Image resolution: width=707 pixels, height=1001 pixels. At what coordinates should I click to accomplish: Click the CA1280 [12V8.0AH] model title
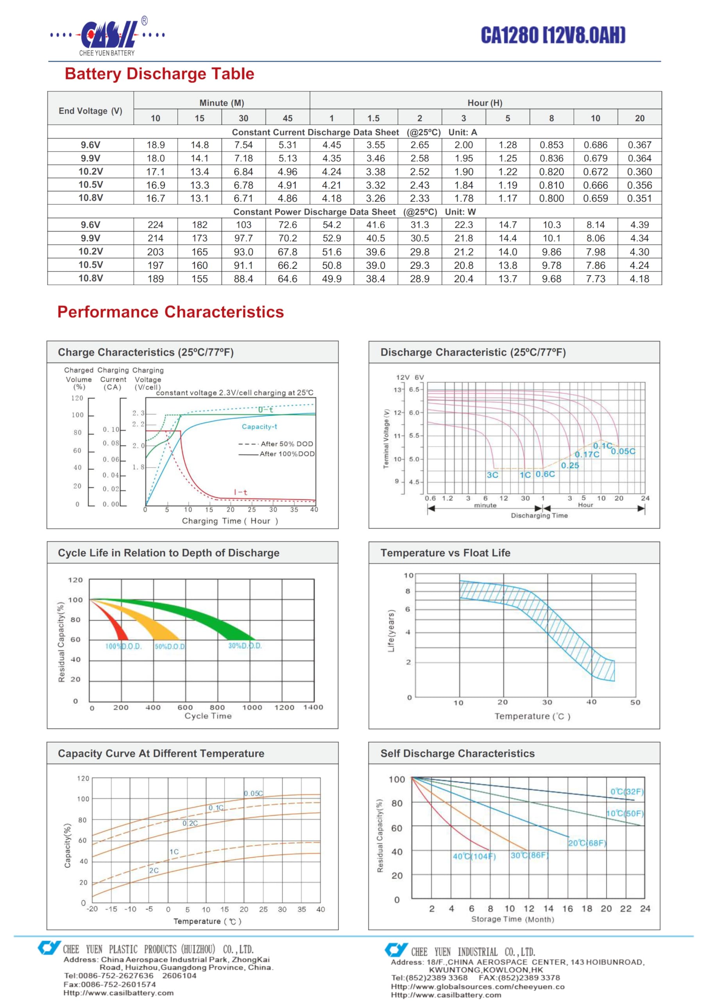(553, 35)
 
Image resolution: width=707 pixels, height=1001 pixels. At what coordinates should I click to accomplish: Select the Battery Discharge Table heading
(159, 74)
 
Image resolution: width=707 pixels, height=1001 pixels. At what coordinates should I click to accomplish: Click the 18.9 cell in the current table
(156, 145)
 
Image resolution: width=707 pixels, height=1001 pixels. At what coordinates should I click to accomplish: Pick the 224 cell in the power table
(156, 224)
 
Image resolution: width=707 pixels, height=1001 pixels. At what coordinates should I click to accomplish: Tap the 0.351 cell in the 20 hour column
(639, 198)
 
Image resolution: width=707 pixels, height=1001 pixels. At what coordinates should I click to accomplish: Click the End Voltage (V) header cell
(90, 111)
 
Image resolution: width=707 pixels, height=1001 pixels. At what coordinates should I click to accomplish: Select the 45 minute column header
(288, 118)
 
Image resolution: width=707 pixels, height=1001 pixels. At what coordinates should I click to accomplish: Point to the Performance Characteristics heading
(170, 312)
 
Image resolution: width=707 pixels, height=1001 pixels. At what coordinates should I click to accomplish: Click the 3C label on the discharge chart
(492, 475)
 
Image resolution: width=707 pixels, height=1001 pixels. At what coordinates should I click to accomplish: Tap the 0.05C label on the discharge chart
(623, 451)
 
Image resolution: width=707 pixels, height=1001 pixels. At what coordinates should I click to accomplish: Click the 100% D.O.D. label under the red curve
(124, 646)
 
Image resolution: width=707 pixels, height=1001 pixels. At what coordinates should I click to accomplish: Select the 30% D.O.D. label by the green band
(245, 646)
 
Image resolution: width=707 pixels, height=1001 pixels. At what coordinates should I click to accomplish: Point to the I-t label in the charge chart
(241, 492)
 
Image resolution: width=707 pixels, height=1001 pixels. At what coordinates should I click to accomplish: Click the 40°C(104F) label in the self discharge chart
(474, 856)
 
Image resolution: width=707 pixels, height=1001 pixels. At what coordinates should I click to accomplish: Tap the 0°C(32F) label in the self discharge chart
(627, 792)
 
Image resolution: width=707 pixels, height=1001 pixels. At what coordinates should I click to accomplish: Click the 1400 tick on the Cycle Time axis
(313, 707)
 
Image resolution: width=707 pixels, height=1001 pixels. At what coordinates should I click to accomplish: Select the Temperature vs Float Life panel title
(445, 553)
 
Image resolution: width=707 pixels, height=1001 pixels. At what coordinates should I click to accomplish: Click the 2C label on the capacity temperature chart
(154, 870)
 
